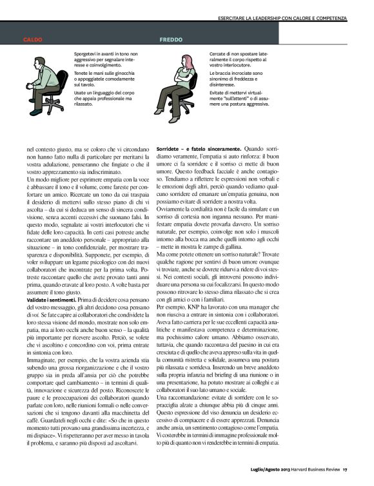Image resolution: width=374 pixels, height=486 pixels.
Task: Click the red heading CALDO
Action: [x=33, y=39]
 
